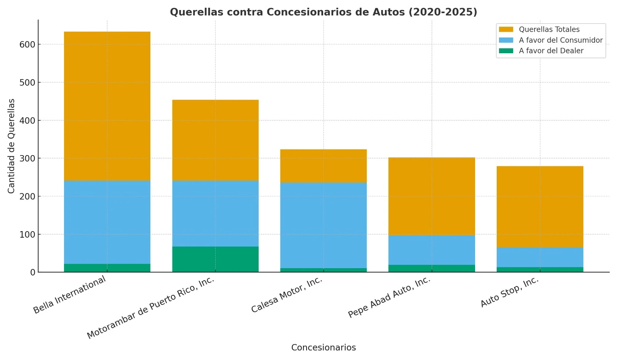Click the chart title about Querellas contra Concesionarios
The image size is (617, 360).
(x=323, y=12)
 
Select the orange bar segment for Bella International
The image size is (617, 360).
(x=107, y=106)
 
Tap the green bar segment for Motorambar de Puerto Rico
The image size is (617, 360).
(x=215, y=259)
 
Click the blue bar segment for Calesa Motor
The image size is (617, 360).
(x=323, y=225)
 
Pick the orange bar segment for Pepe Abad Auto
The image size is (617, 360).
(x=432, y=196)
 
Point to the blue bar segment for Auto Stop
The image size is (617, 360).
(x=539, y=257)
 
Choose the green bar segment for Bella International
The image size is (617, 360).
(x=107, y=268)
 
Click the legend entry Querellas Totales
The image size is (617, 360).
(x=549, y=29)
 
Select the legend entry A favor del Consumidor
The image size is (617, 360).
(x=560, y=40)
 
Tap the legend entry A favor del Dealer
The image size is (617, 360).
(x=551, y=51)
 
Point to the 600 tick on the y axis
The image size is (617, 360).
(x=27, y=44)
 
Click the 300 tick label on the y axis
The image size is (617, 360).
(x=27, y=159)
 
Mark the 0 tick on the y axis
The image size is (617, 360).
(x=32, y=272)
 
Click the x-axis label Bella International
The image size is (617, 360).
(x=69, y=295)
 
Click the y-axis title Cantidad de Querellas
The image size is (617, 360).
(x=11, y=146)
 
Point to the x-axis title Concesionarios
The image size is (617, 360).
(x=323, y=348)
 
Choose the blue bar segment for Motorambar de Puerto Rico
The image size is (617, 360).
(x=215, y=213)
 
